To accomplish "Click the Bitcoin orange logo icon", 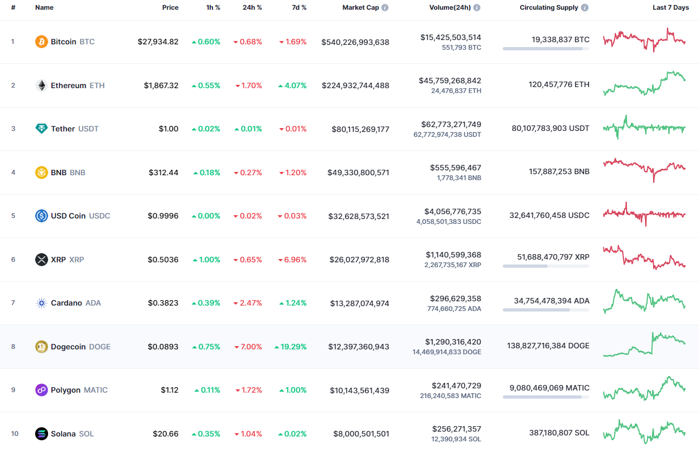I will [x=42, y=42].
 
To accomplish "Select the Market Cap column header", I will [x=361, y=8].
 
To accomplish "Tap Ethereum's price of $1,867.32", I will [x=161, y=85].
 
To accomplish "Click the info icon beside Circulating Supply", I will [x=585, y=8].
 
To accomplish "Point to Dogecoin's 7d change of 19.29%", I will [x=291, y=347].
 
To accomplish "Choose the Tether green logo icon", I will [x=42, y=129].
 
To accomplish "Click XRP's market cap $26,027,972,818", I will [x=359, y=260].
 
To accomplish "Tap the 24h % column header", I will [x=252, y=8].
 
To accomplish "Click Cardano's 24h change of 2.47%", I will [x=248, y=303].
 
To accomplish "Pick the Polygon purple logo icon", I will [x=42, y=390].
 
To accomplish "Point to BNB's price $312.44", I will [x=163, y=173].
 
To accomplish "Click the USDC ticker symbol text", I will [x=99, y=216].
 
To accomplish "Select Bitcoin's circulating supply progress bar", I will [x=545, y=49].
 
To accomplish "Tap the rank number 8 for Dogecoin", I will [x=14, y=347].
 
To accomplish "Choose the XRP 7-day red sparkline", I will [x=644, y=257].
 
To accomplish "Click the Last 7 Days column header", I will [x=670, y=8].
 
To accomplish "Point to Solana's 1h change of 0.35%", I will [x=206, y=434].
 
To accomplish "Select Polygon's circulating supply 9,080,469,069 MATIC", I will [x=549, y=388].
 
